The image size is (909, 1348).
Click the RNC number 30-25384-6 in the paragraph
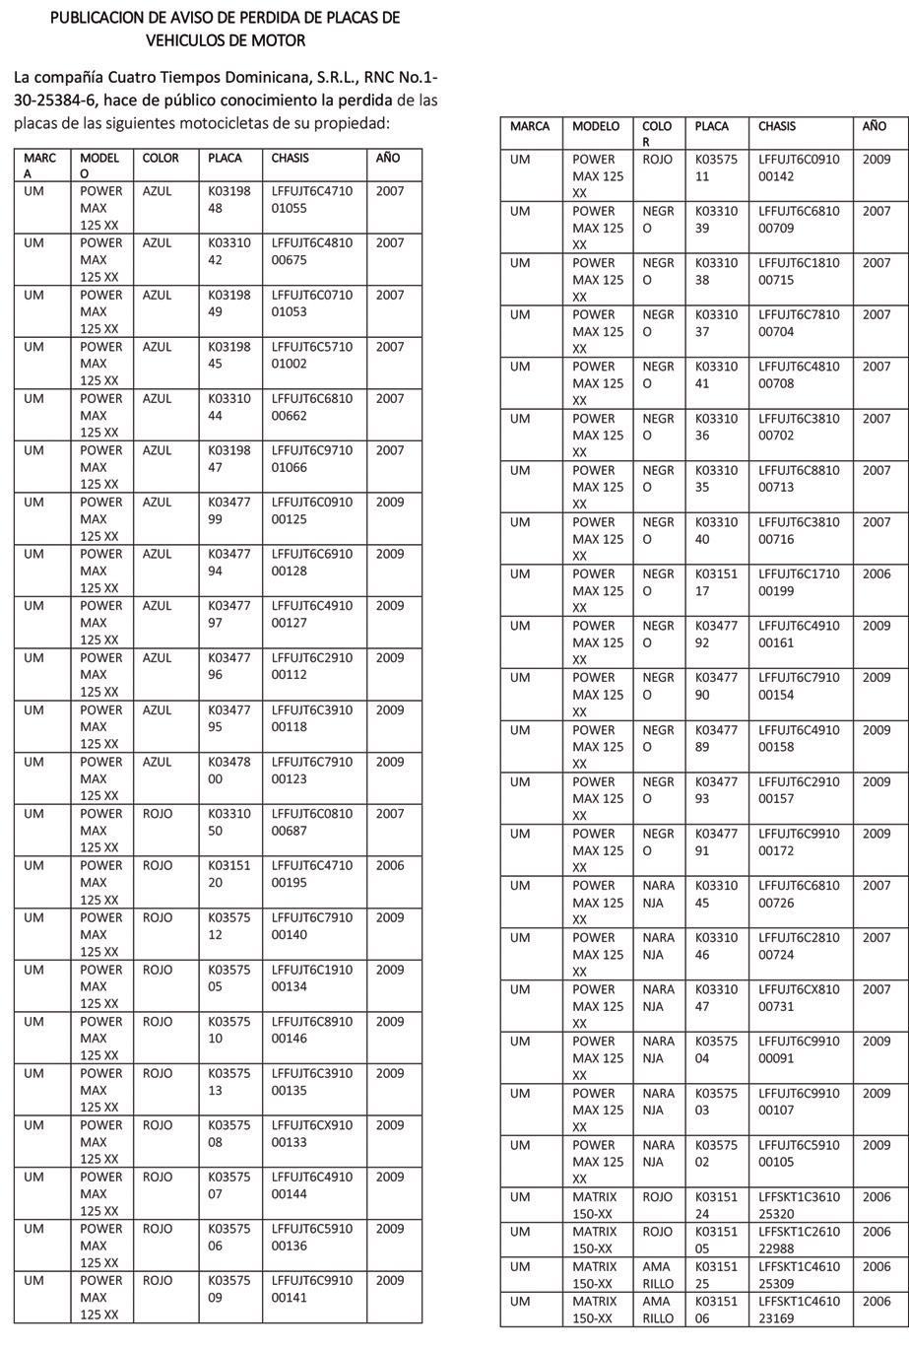coord(54,100)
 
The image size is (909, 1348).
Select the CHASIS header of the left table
coord(290,158)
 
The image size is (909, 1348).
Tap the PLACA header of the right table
coord(711,126)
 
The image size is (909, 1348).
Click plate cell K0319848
coord(229,199)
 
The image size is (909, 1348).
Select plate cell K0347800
coord(229,770)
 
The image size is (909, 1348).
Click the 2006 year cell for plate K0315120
coord(390,865)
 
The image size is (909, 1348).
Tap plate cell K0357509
coord(229,1289)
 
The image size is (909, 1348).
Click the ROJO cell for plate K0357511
coord(657,159)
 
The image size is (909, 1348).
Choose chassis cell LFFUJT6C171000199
coord(799,582)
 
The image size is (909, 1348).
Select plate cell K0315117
coord(716,582)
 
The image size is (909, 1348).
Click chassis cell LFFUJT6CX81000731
coord(799,997)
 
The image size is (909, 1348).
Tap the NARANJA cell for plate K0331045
coord(659,894)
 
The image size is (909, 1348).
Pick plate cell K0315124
coord(716,1205)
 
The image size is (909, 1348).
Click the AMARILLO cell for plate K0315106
coord(659,1310)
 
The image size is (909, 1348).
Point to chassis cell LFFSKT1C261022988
coord(799,1240)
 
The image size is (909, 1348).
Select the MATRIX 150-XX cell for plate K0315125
coord(594,1274)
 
